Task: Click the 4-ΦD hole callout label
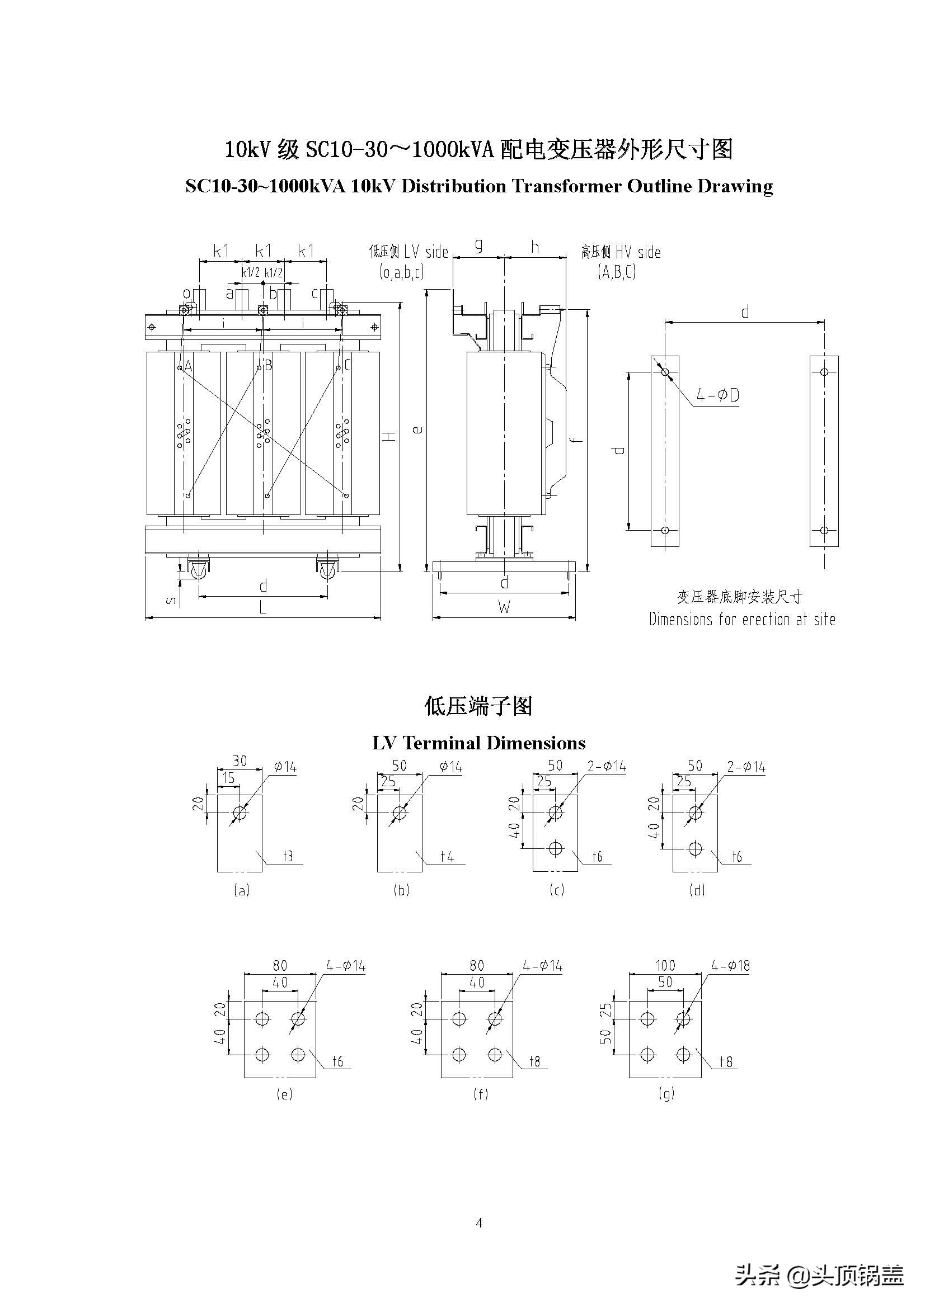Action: [x=717, y=395]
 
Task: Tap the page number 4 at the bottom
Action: [x=479, y=1222]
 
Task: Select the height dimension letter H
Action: [x=389, y=436]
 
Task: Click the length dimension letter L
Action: [x=263, y=608]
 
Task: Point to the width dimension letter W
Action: [x=504, y=607]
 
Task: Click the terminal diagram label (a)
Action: [x=242, y=890]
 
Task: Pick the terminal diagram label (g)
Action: [x=666, y=1093]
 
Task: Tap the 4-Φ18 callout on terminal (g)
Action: [x=730, y=966]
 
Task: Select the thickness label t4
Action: [x=448, y=856]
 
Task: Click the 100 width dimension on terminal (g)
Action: [x=665, y=966]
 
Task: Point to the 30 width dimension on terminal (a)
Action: [x=240, y=761]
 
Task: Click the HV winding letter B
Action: [x=269, y=366]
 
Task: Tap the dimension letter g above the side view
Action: [x=479, y=245]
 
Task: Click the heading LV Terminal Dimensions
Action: [x=479, y=743]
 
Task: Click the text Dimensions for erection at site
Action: [x=742, y=619]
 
